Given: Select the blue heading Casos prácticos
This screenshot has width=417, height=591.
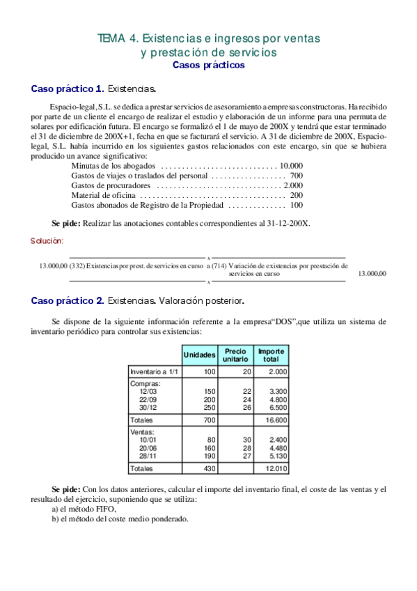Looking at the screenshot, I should (208, 65).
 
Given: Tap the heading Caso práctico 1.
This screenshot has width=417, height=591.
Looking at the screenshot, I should (68, 89).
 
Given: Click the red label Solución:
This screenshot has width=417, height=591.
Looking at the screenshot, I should (47, 240).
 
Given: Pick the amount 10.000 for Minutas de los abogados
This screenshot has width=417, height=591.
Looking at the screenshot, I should (290, 166).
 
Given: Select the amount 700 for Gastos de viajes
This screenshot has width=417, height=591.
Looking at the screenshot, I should (296, 176).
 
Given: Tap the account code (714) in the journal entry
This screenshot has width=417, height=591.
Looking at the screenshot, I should (218, 265).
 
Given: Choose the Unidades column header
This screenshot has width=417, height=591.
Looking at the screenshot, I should (199, 355).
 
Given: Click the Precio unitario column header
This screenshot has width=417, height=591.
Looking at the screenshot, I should (235, 355).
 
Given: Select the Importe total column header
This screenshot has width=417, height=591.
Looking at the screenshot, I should (271, 355).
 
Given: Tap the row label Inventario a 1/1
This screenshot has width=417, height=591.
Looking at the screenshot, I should (153, 372).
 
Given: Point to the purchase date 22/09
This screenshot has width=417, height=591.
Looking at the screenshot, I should (147, 400).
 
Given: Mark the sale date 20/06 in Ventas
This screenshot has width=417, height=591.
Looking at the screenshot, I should (147, 448).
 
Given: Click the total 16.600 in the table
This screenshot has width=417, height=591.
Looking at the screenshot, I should (277, 421).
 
